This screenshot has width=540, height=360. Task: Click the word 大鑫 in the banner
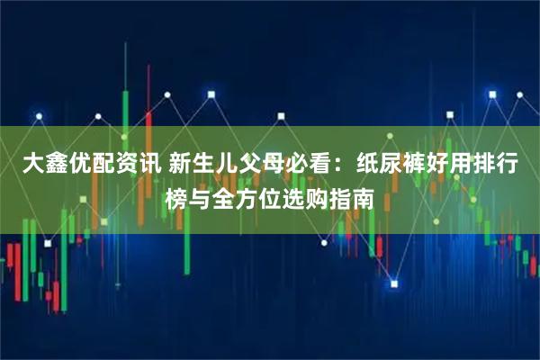(44, 165)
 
